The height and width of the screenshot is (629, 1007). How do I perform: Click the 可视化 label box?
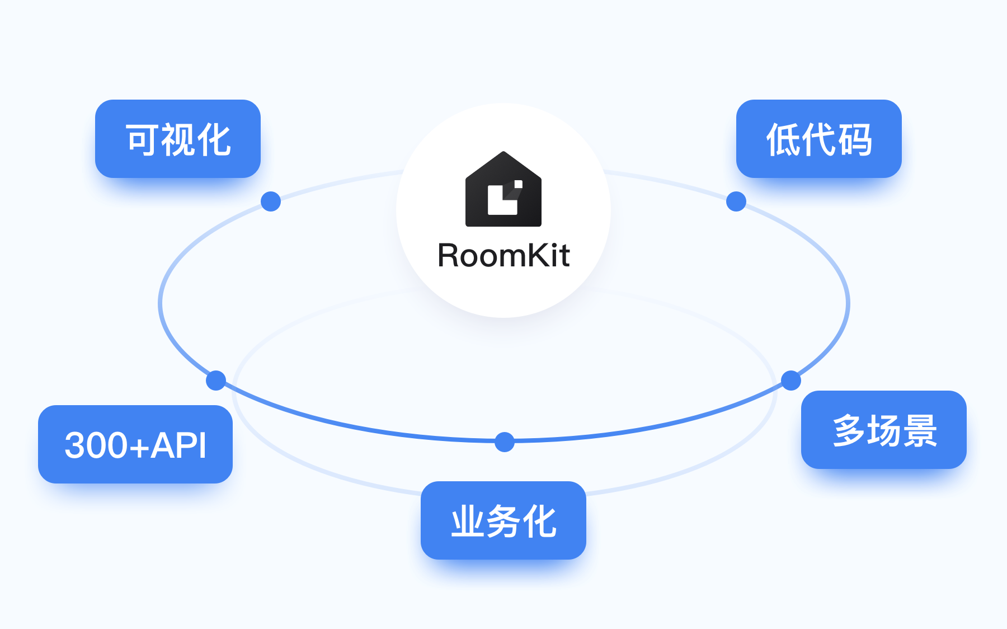[178, 139]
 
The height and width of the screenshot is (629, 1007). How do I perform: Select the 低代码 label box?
[818, 139]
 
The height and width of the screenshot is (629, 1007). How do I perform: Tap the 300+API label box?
[135, 444]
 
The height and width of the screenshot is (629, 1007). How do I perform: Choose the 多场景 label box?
[883, 430]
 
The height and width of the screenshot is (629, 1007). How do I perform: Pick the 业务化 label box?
[503, 520]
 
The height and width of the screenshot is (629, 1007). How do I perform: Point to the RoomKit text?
[503, 256]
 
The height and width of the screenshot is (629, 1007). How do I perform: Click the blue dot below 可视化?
[271, 201]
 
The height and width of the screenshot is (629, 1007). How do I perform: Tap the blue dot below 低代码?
[736, 201]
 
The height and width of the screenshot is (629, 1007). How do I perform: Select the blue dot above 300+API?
[216, 381]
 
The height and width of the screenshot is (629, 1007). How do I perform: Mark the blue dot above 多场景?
[791, 381]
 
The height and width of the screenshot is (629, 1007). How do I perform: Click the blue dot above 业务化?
[505, 442]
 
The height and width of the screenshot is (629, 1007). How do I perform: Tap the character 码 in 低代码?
[855, 139]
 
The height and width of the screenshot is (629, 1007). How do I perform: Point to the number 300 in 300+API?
[96, 445]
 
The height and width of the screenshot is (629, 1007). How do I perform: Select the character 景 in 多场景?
[920, 430]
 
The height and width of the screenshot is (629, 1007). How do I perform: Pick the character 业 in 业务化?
[468, 521]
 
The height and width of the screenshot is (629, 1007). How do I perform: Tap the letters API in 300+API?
[178, 445]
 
